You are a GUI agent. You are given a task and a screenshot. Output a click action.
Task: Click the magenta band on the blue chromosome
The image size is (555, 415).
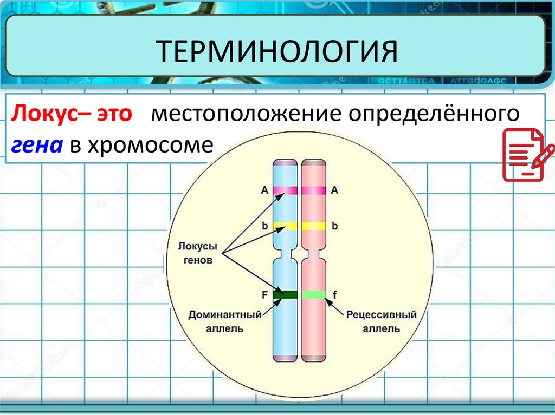285,190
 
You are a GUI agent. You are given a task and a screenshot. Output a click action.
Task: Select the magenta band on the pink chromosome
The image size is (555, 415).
313,190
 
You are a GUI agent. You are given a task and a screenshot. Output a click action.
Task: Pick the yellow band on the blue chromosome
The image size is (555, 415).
285,226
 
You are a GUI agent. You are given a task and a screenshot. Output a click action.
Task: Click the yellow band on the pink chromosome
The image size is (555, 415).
313,226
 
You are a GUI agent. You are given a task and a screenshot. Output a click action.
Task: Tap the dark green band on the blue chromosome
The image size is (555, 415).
285,294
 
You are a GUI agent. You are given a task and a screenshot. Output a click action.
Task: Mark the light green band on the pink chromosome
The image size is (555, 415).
313,294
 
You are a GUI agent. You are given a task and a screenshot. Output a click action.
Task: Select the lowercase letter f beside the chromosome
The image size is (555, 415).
334,295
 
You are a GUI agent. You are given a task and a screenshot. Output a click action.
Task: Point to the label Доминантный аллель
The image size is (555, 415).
225,321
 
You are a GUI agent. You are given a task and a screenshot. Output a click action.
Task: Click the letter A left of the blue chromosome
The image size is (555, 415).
264,190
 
